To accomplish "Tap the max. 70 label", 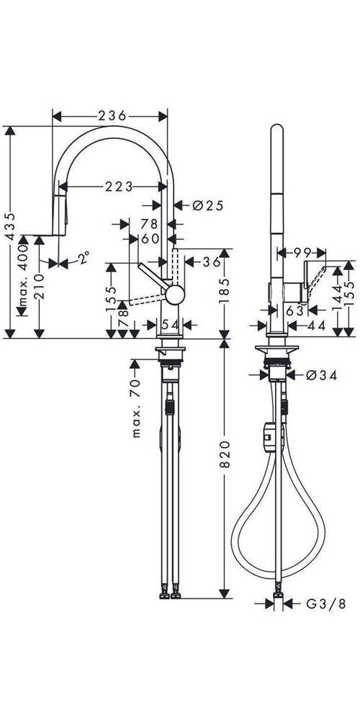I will (x=136, y=410).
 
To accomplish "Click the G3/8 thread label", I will (x=317, y=603).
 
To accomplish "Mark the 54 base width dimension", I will (x=169, y=325).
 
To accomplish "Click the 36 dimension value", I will (x=210, y=262).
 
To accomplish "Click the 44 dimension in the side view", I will (x=316, y=326).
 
